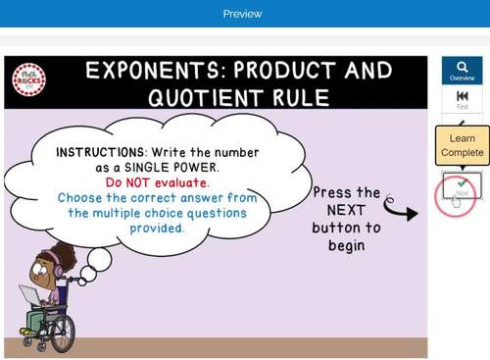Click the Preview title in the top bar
(242, 14)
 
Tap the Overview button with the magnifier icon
(462, 70)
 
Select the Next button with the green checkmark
(462, 185)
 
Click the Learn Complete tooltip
(462, 145)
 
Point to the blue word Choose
(82, 197)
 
